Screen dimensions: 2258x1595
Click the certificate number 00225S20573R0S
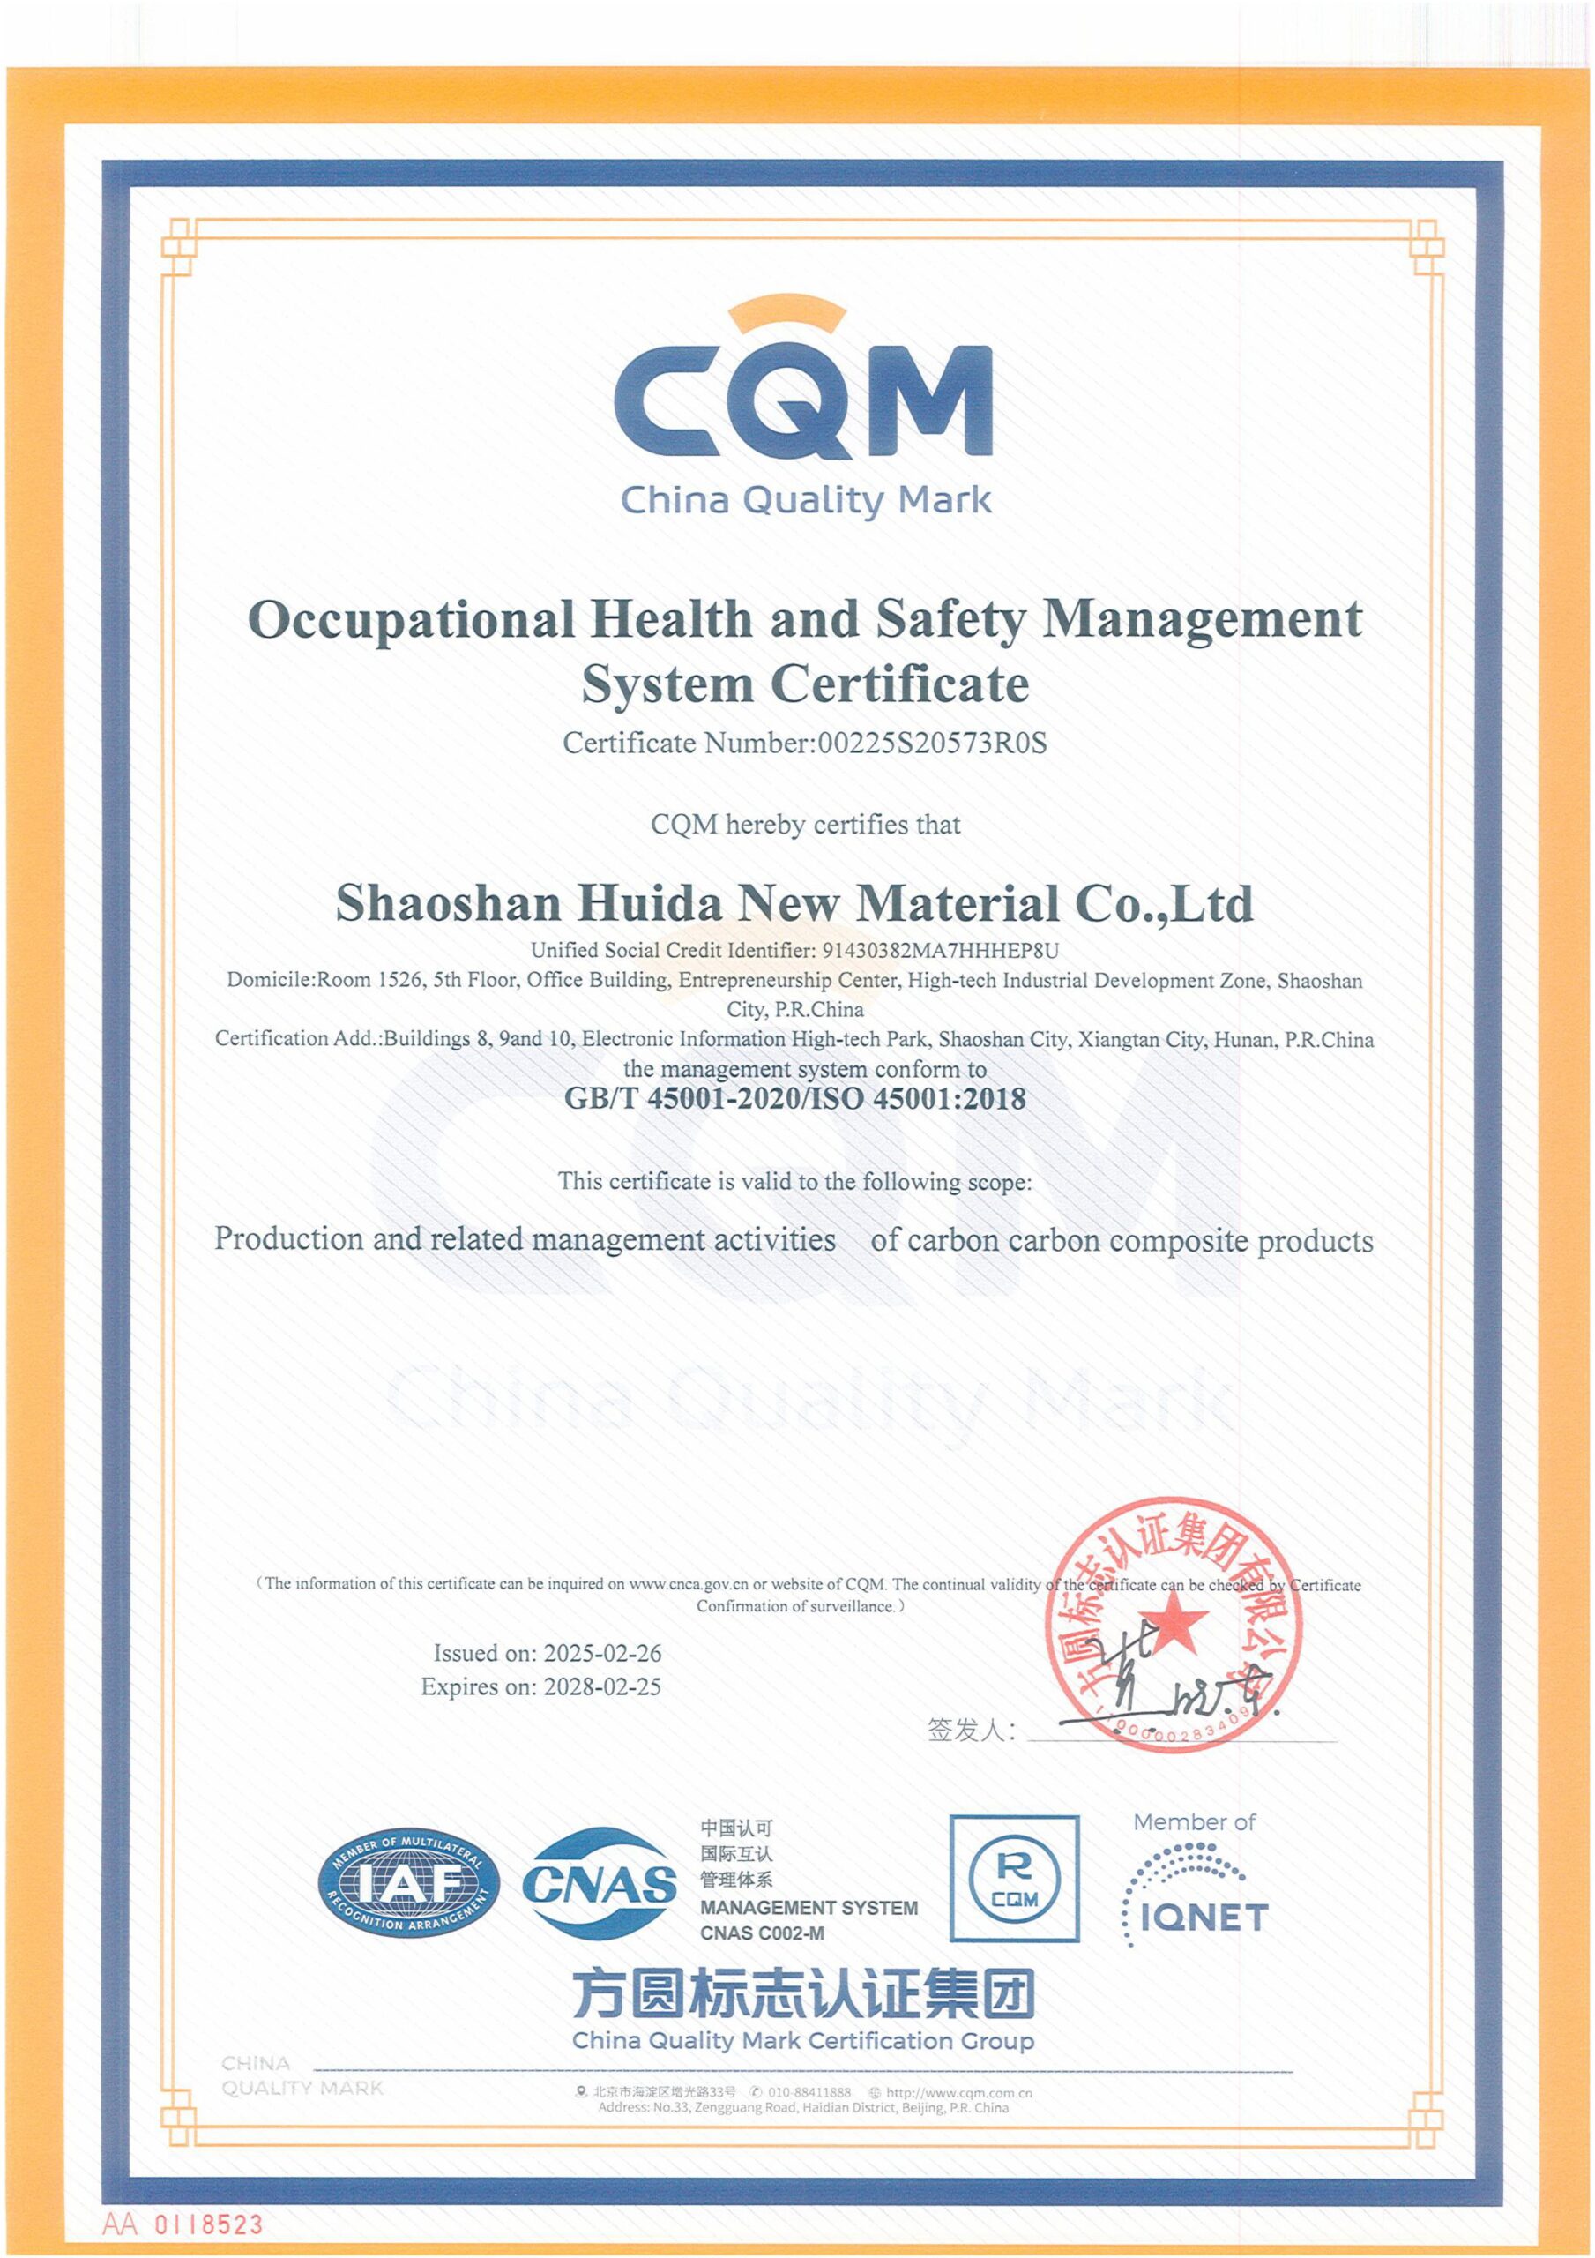[x=932, y=744]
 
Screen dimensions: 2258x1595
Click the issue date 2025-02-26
[x=602, y=1653]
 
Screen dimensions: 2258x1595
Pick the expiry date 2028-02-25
[x=602, y=1686]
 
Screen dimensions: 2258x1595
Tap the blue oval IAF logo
[x=409, y=1885]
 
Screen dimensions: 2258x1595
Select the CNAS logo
[x=600, y=1884]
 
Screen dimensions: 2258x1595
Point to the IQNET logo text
[x=1204, y=1917]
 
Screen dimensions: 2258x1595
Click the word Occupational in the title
[x=411, y=619]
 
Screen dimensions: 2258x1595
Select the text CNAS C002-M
[x=762, y=1933]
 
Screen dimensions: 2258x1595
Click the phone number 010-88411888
[x=810, y=2093]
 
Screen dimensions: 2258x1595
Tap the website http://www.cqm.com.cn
[x=958, y=2093]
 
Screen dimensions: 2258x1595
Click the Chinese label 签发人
[x=970, y=1730]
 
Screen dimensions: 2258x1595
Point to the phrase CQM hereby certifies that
[x=805, y=824]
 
